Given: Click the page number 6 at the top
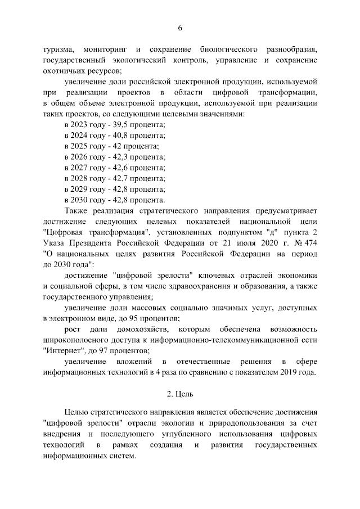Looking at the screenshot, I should point(180,28).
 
